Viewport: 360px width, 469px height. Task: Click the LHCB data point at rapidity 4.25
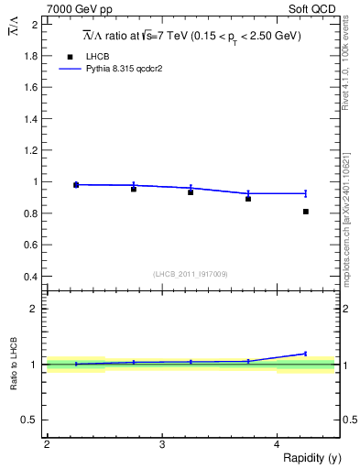point(306,212)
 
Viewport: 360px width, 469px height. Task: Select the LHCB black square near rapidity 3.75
point(248,199)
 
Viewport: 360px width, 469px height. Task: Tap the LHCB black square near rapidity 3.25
point(191,192)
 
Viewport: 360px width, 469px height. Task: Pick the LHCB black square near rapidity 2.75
point(134,189)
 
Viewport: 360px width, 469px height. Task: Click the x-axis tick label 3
point(161,444)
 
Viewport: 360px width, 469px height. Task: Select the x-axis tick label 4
point(277,444)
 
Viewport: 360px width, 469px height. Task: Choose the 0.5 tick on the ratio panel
point(30,420)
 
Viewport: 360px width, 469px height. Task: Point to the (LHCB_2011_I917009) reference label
point(190,274)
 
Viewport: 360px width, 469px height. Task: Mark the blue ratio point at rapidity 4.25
point(306,354)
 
